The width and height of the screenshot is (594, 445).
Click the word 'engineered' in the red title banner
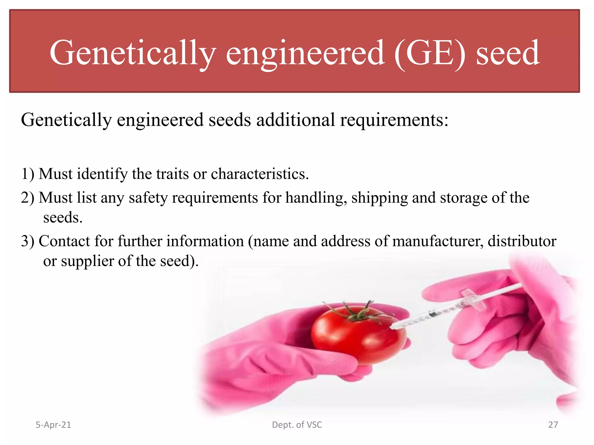[x=305, y=54]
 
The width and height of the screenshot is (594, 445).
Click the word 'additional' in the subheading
[x=296, y=120]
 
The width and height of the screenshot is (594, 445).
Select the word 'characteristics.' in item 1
[x=260, y=174]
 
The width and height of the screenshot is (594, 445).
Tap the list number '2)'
[x=28, y=198]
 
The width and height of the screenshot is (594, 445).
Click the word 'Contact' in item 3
[x=64, y=241]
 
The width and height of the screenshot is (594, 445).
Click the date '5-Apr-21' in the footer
[x=53, y=425]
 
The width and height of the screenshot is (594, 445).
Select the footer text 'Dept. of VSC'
[x=297, y=425]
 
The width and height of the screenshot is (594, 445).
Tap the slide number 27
[x=553, y=425]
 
